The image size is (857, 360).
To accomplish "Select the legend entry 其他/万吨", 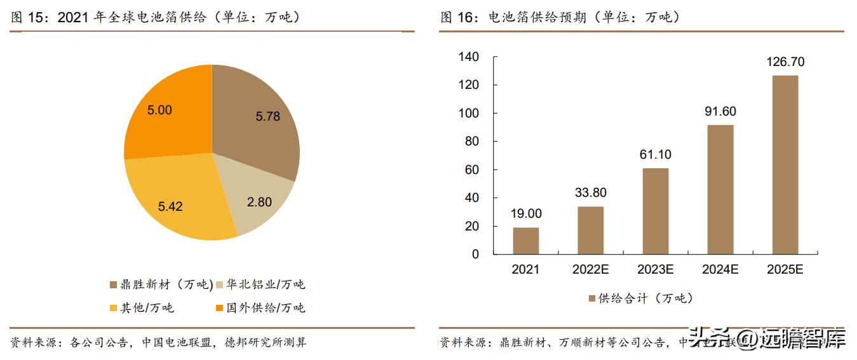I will tap(142, 308).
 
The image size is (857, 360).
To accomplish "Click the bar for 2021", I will tap(525, 241).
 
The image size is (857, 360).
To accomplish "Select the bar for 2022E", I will tap(590, 230).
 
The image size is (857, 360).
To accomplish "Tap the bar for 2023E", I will tap(655, 211).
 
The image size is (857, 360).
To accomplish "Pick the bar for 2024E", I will tap(720, 189).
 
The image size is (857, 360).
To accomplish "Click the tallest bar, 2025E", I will tap(785, 164).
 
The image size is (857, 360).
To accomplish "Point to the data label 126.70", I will tap(785, 62).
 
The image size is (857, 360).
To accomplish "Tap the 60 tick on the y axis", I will tap(471, 170).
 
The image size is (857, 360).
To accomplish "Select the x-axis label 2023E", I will tap(655, 270).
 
